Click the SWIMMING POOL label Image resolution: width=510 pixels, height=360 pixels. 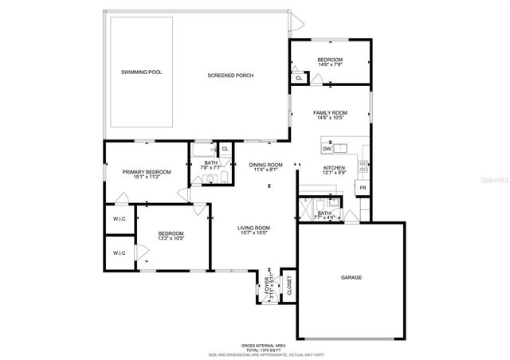[x=141, y=72]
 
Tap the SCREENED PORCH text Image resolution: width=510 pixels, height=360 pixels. [x=230, y=76]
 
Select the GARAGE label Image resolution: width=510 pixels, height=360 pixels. [x=351, y=278]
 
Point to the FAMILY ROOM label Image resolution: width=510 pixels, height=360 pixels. [x=329, y=114]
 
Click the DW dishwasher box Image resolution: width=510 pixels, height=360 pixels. [x=327, y=149]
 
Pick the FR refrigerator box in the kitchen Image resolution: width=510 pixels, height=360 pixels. [x=362, y=188]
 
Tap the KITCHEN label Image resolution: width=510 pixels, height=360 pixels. [x=332, y=168]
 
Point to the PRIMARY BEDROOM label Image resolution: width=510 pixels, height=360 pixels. [x=146, y=172]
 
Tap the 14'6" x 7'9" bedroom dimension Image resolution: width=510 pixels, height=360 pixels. [x=329, y=65]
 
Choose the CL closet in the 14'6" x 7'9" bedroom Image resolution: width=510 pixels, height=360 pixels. [x=299, y=78]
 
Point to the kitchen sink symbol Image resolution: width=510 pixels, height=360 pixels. [x=341, y=147]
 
